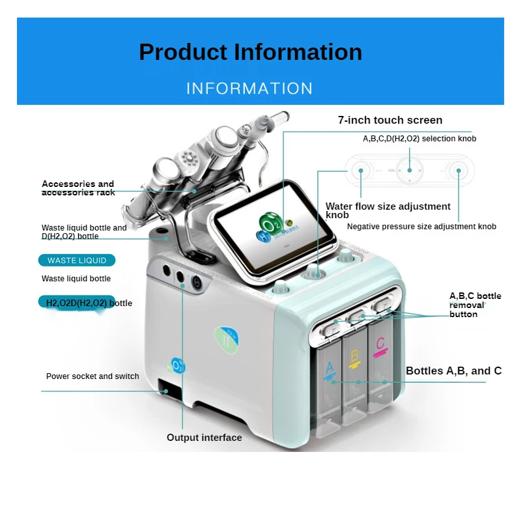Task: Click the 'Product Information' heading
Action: click(x=250, y=51)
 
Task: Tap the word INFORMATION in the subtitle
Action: click(x=249, y=89)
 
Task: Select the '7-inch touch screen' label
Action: click(x=390, y=120)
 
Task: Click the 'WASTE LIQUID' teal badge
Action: click(x=77, y=260)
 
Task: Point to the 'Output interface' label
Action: click(x=204, y=438)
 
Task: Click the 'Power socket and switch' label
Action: click(x=92, y=376)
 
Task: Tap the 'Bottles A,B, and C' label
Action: click(x=453, y=371)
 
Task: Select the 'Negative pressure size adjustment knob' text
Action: click(x=421, y=227)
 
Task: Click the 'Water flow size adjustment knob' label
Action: click(x=387, y=210)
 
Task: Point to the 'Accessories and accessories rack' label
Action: click(x=78, y=188)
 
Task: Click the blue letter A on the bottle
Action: click(x=330, y=369)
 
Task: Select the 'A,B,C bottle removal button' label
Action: click(x=475, y=305)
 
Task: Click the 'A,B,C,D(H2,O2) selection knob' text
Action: click(x=419, y=139)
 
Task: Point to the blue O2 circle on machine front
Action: click(x=176, y=365)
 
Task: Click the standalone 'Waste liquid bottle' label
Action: click(x=76, y=279)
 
